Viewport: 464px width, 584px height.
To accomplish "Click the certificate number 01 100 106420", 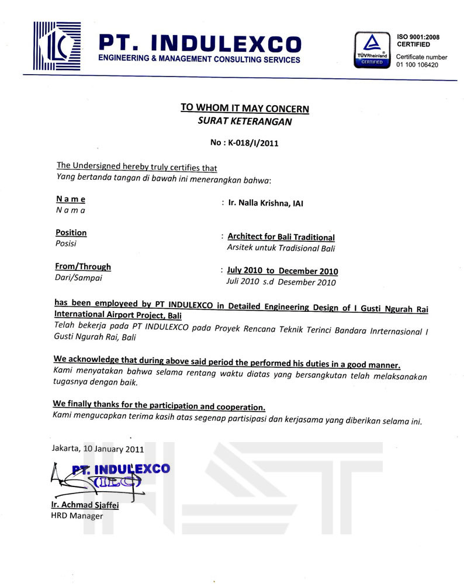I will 417,65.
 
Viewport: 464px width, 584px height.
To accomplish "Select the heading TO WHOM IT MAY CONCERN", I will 245,108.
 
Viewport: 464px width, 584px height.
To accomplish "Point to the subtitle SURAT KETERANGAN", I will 245,122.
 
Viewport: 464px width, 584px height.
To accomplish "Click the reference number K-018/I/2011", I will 244,142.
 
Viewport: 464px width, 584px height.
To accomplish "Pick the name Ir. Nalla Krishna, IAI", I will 266,203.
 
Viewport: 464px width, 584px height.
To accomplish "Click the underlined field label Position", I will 71,232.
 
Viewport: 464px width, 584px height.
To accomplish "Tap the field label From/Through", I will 82,267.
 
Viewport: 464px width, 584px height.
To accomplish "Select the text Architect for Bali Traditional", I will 281,237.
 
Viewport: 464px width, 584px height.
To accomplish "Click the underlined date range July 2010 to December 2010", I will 282,271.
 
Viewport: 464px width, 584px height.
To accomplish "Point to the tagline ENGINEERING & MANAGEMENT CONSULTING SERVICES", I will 199,60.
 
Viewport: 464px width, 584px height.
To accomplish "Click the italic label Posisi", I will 65,244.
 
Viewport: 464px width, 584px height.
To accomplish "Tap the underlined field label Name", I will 70,199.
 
